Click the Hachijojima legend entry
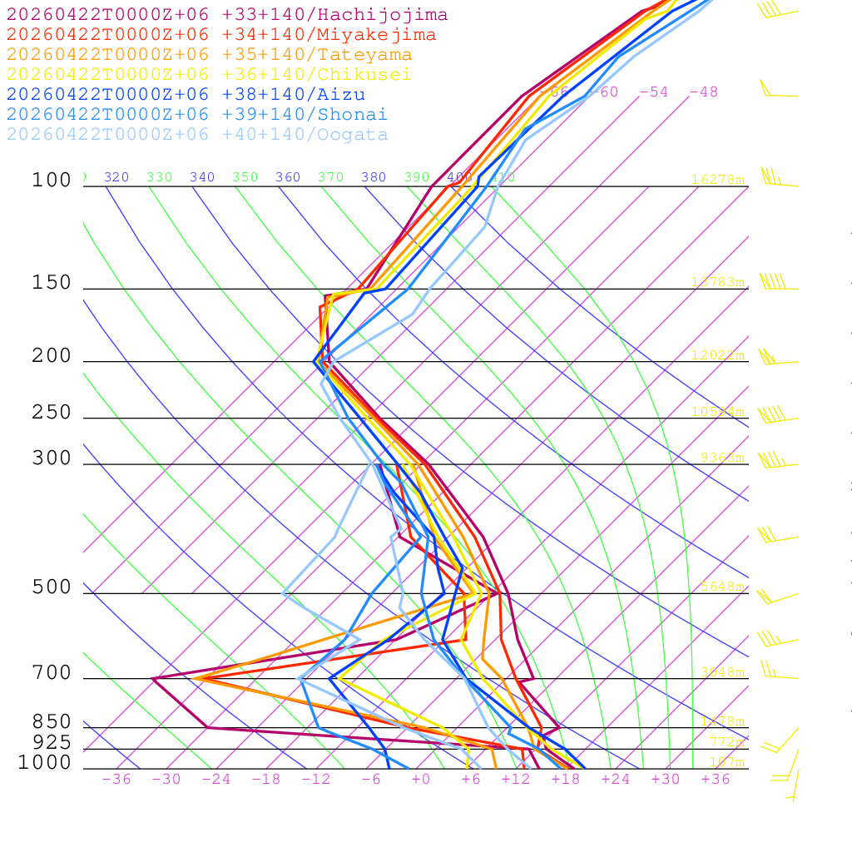click(x=226, y=15)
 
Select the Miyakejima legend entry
click(x=220, y=35)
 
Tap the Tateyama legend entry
click(x=209, y=55)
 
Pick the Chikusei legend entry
click(x=209, y=75)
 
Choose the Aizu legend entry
click(x=186, y=95)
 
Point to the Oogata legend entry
click(x=197, y=135)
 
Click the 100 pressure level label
click(x=52, y=181)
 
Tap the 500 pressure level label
click(x=52, y=588)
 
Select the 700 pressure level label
click(x=52, y=674)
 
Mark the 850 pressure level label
click(x=52, y=722)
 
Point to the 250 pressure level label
click(x=52, y=413)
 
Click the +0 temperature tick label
click(x=421, y=780)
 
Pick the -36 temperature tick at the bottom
click(x=116, y=780)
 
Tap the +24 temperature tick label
click(x=616, y=780)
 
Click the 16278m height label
click(x=717, y=180)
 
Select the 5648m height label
click(x=721, y=587)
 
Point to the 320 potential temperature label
click(x=116, y=177)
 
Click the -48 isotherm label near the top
click(x=703, y=92)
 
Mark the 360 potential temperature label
click(x=288, y=177)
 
